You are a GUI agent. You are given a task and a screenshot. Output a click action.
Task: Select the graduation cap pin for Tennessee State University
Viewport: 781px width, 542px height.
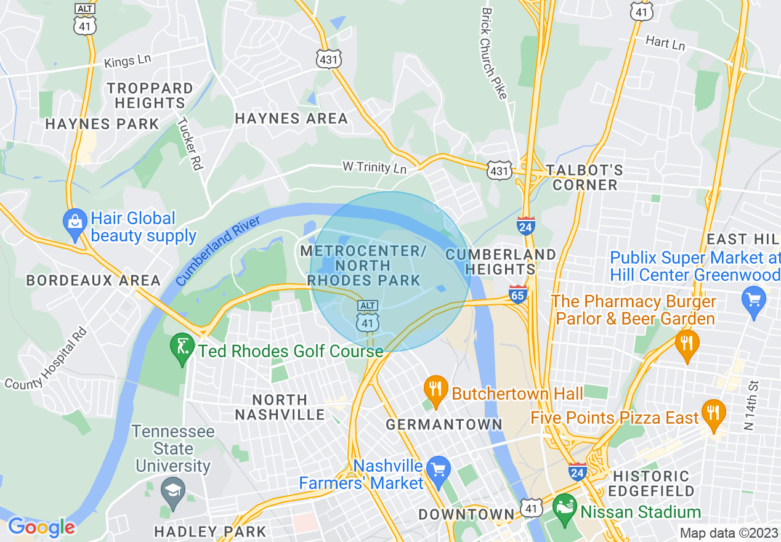coord(173,491)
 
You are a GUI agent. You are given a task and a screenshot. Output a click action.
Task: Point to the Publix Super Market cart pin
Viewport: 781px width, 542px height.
coord(753,302)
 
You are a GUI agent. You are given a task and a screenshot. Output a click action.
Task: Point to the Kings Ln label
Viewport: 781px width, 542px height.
coord(127,61)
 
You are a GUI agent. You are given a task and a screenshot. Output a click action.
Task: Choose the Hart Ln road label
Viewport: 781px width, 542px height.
coord(665,42)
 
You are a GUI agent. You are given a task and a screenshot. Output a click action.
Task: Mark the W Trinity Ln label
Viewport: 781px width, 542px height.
coord(374,168)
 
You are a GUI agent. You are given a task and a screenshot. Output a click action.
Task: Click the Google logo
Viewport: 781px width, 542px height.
coord(41,527)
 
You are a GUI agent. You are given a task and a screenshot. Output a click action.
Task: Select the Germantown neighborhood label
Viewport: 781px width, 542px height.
coord(443,424)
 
